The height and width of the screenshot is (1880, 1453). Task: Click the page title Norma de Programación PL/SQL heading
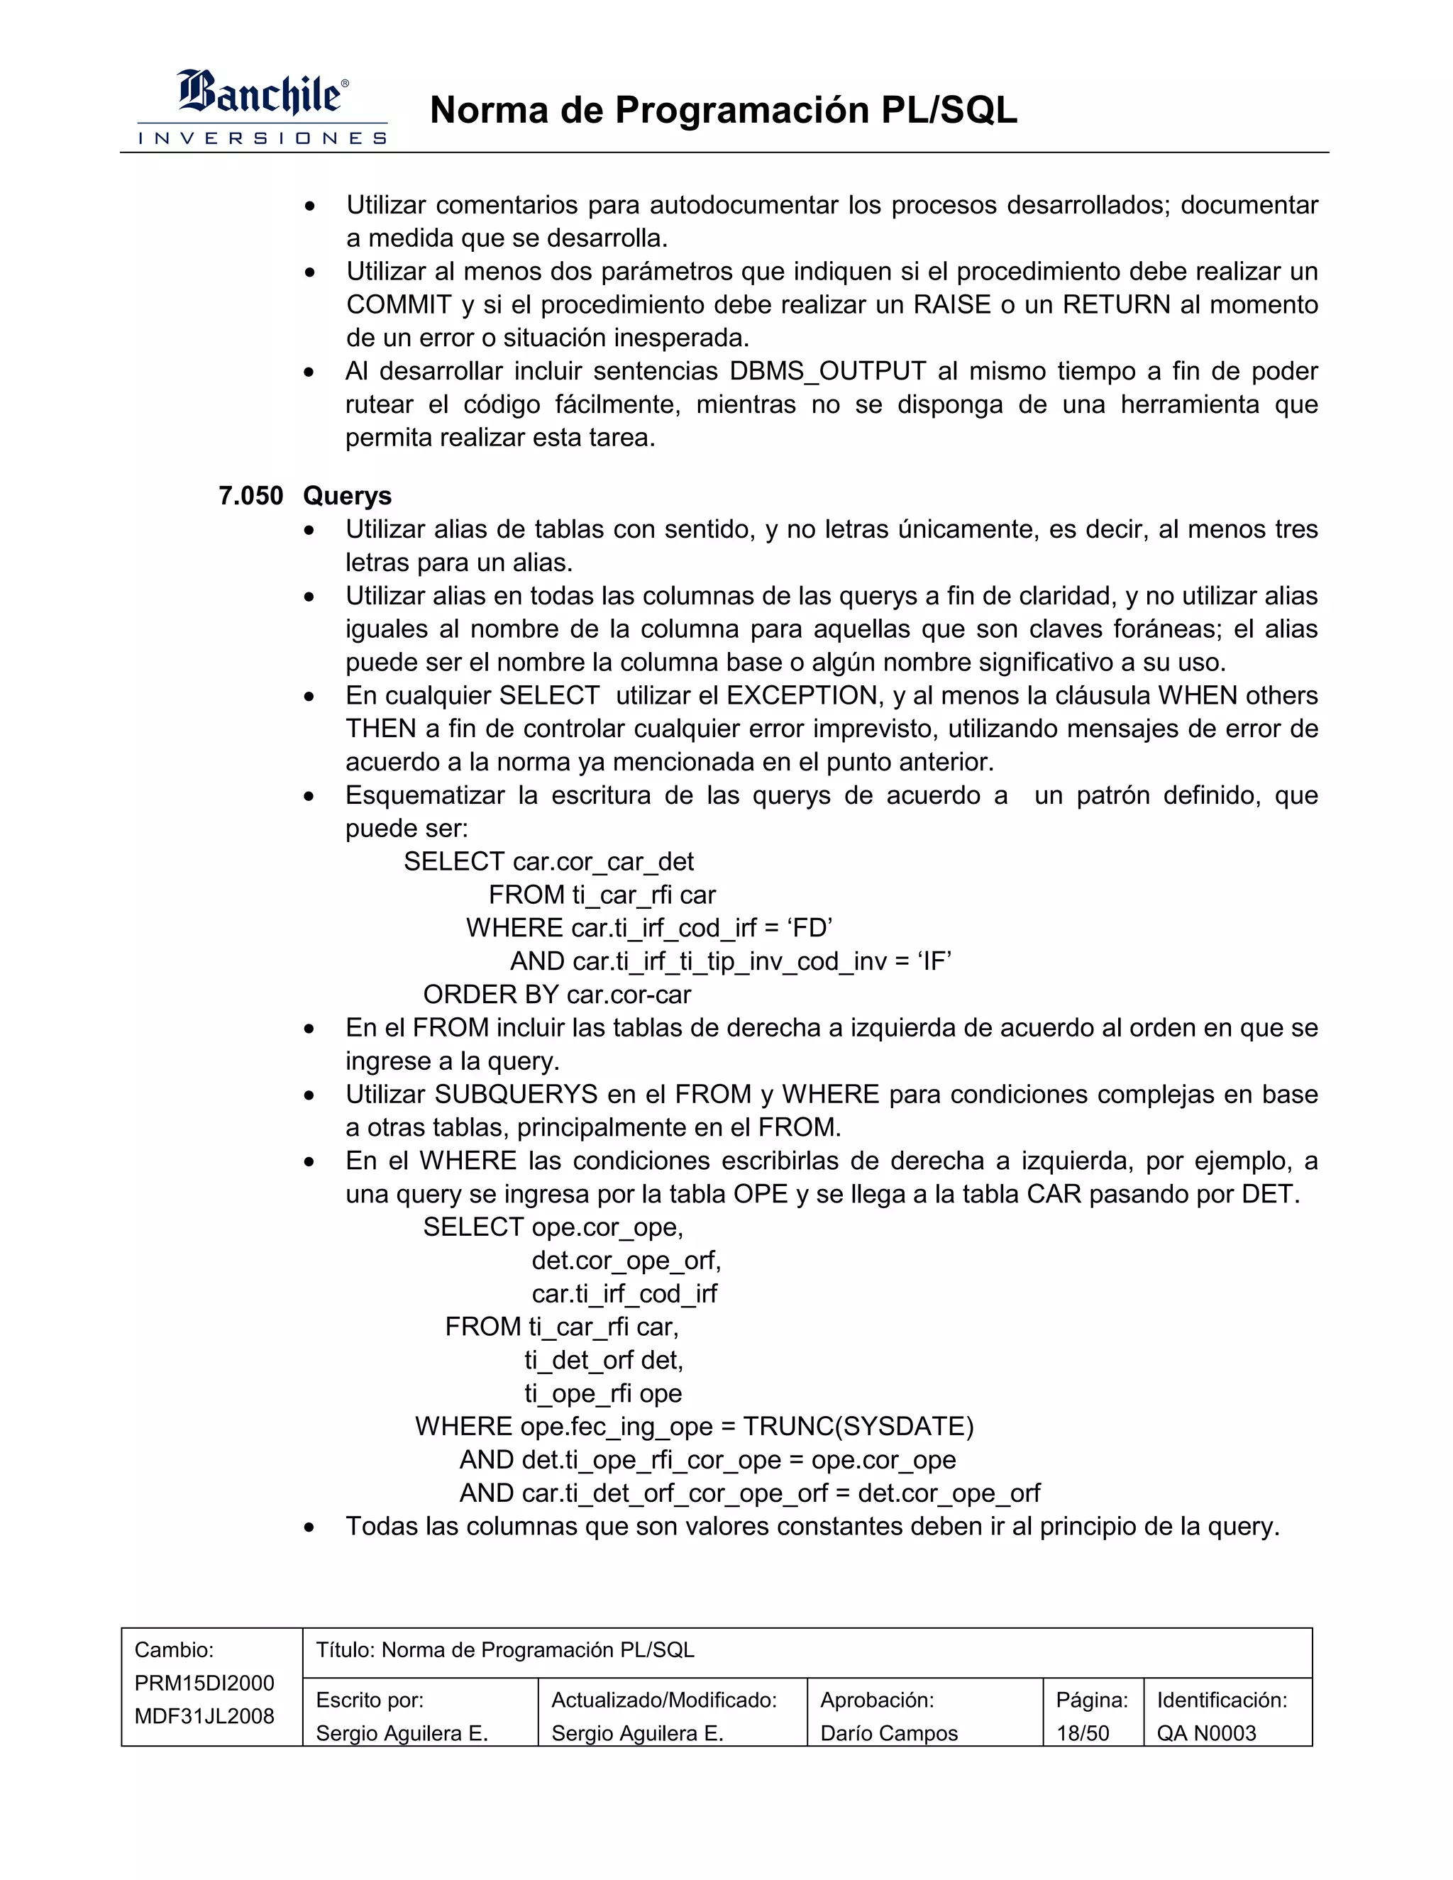[x=723, y=110]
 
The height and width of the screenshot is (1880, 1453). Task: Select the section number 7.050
[x=250, y=496]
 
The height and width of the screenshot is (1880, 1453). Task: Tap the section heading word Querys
[x=347, y=496]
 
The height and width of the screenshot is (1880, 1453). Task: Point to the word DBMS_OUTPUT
[x=827, y=371]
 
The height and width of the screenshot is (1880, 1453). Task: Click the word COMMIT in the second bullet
[x=399, y=305]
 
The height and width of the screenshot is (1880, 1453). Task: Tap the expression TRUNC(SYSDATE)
[x=858, y=1427]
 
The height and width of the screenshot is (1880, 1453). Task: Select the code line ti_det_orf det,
[x=604, y=1360]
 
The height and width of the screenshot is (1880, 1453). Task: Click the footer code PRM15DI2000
[x=204, y=1683]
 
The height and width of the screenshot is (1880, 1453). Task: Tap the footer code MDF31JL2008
[x=204, y=1715]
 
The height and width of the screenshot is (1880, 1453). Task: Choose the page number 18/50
[x=1082, y=1733]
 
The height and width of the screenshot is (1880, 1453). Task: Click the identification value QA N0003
[x=1206, y=1733]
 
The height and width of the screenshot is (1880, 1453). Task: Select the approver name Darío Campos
[x=888, y=1733]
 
